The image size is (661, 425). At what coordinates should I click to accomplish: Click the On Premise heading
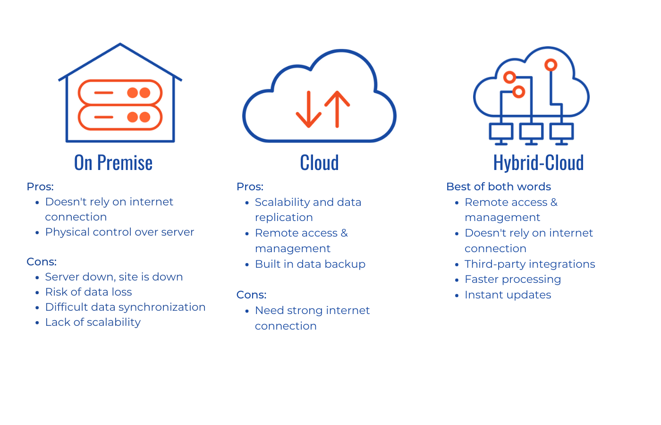point(113,163)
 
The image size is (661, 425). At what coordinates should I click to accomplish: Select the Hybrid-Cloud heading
point(538,163)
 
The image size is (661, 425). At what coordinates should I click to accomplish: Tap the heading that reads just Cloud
point(319,163)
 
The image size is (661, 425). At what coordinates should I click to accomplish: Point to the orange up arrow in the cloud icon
point(338,109)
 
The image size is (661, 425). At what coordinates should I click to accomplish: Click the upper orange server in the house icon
point(120,93)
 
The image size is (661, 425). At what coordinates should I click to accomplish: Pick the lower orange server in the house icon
point(120,117)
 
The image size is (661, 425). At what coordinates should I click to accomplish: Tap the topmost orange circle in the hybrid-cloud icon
point(551,65)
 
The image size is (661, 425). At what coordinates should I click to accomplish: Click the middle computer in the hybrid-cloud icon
point(531,132)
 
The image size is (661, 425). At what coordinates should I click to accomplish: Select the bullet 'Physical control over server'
point(119,232)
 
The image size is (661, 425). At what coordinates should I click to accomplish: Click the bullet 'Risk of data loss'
point(88,292)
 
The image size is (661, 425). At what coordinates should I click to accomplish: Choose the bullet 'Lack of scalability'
point(93,322)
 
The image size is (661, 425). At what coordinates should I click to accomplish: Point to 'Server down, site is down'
point(114,277)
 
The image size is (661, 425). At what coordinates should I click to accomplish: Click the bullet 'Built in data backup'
point(310,264)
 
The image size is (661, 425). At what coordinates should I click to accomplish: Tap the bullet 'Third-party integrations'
point(530,264)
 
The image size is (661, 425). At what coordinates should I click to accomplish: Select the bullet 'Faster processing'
point(513,279)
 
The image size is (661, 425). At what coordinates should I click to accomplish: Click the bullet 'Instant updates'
point(508,295)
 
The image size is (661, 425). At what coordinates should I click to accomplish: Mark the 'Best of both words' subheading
point(499,187)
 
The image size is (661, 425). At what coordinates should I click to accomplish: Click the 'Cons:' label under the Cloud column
point(251,295)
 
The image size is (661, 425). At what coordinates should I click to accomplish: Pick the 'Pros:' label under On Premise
point(40,187)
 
